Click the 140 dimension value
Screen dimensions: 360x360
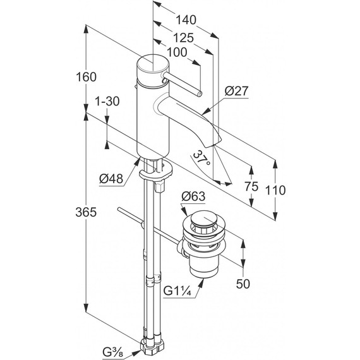point(186,20)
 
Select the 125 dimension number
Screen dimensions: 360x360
point(183,38)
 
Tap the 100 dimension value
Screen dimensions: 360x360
point(177,52)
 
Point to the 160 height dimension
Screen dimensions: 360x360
point(86,77)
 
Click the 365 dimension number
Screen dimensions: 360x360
point(86,212)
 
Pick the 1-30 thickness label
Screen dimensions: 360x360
point(107,101)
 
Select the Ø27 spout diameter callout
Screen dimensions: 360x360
point(236,91)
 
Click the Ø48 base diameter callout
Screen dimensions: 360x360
point(111,178)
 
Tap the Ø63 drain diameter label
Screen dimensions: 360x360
point(193,196)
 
